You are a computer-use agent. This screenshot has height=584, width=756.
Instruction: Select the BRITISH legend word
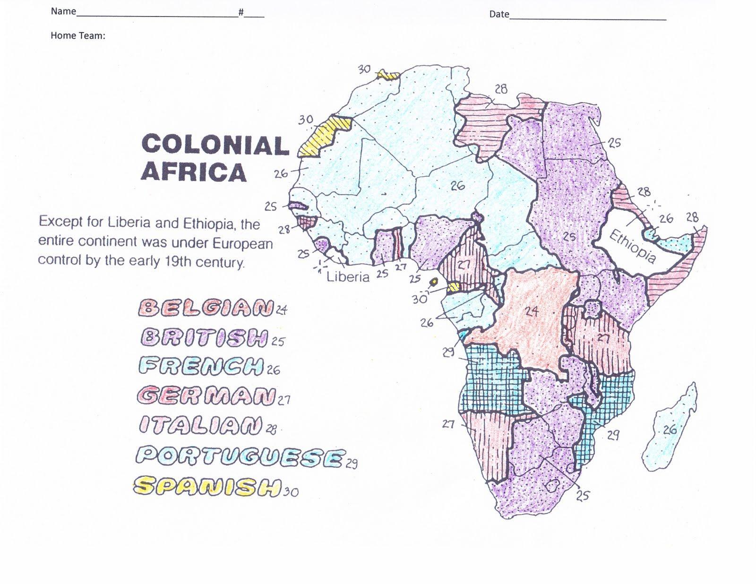pyautogui.click(x=204, y=337)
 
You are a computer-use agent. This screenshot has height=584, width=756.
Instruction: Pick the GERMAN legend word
pyautogui.click(x=206, y=395)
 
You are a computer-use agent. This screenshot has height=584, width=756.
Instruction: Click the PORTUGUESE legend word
pyautogui.click(x=240, y=456)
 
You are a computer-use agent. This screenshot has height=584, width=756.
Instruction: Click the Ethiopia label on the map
pyautogui.click(x=632, y=246)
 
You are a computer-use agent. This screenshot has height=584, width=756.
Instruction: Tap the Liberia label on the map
pyautogui.click(x=348, y=276)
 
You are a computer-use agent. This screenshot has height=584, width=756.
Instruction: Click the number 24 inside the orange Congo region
pyautogui.click(x=532, y=311)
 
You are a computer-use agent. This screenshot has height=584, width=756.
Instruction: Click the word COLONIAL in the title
pyautogui.click(x=215, y=145)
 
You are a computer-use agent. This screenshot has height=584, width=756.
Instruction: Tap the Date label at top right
pyautogui.click(x=499, y=14)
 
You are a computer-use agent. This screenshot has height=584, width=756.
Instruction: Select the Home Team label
pyautogui.click(x=77, y=35)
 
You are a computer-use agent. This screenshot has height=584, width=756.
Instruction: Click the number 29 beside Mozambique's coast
pyautogui.click(x=613, y=435)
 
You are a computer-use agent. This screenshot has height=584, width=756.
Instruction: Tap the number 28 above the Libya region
pyautogui.click(x=501, y=89)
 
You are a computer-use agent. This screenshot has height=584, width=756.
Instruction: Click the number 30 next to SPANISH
pyautogui.click(x=291, y=492)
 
